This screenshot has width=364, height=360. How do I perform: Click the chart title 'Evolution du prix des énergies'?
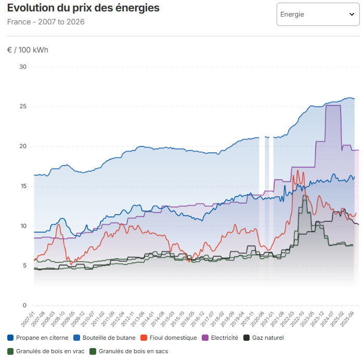[x=83, y=8]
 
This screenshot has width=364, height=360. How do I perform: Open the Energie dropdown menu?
[x=317, y=14]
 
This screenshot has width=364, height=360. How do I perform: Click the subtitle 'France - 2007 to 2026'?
[x=46, y=22]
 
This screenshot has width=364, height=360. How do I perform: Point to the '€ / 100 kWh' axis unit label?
[x=28, y=50]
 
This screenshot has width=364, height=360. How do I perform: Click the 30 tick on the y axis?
[x=22, y=66]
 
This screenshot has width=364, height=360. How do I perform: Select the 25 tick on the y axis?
[x=22, y=106]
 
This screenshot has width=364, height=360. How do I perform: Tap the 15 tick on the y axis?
[x=22, y=186]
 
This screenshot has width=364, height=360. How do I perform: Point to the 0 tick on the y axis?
[x=24, y=305]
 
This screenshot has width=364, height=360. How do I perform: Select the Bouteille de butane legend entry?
[x=105, y=338]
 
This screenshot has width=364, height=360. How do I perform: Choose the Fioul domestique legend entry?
[x=168, y=338]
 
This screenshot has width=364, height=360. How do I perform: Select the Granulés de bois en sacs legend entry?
[x=128, y=351]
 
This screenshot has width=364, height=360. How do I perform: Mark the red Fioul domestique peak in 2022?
[x=297, y=170]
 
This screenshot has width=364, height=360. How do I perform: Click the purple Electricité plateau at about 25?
[x=333, y=105]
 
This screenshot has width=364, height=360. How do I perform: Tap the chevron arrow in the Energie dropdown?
[x=352, y=15]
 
